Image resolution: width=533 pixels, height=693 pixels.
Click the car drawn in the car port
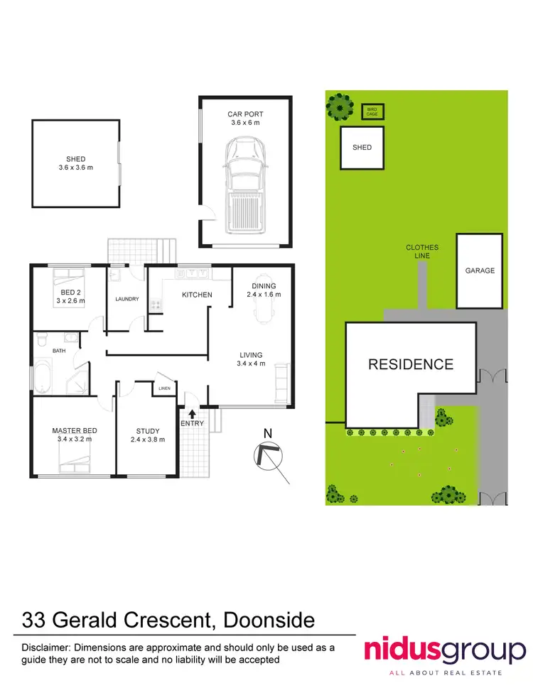pyautogui.click(x=244, y=186)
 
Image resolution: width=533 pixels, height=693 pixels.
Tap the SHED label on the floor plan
pyautogui.click(x=76, y=159)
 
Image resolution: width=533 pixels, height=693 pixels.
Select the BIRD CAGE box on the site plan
pyautogui.click(x=371, y=111)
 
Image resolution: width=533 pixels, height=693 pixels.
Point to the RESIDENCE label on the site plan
pyautogui.click(x=410, y=364)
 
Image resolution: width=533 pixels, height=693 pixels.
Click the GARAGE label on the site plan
pyautogui.click(x=480, y=271)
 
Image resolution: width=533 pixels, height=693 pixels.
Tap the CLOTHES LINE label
pyautogui.click(x=422, y=251)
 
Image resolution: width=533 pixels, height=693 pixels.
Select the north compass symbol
pyautogui.click(x=269, y=455)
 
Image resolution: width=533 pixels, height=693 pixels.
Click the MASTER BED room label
pyautogui.click(x=74, y=431)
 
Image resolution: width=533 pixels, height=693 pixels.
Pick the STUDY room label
pyautogui.click(x=148, y=431)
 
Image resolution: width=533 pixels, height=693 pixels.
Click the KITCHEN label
pyautogui.click(x=197, y=294)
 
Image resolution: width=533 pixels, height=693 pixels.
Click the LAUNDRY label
pyautogui.click(x=126, y=299)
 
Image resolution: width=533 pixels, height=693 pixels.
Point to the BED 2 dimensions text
pyautogui.click(x=71, y=300)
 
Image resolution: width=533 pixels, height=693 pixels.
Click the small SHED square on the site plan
pyautogui.click(x=362, y=148)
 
